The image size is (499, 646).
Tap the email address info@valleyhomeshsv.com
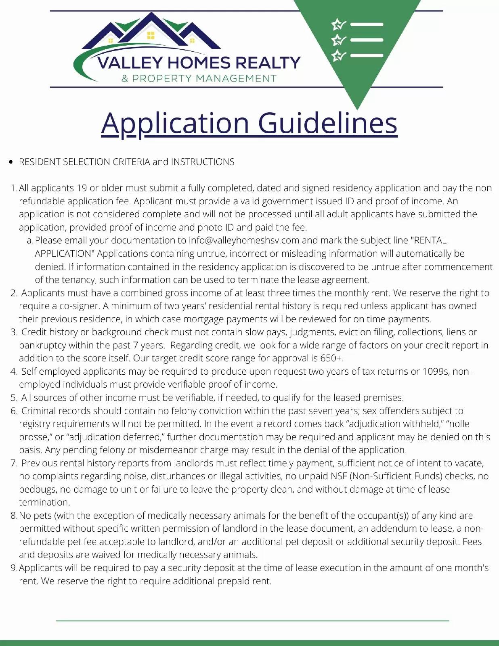pos(244,241)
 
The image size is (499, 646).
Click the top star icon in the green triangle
pos(338,25)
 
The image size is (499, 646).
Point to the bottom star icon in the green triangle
pos(338,55)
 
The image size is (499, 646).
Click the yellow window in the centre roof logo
pos(151,35)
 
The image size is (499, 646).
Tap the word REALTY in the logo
pos(268,63)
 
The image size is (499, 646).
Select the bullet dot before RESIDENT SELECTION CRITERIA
pos(11,162)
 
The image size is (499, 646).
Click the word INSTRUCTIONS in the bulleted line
pos(203,162)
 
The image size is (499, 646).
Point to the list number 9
pos(13,568)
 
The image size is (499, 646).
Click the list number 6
pos(14,411)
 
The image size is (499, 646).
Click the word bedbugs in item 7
pos(38,489)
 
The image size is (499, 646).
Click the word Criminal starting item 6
pos(38,411)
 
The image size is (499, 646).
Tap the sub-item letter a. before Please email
pos(29,241)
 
